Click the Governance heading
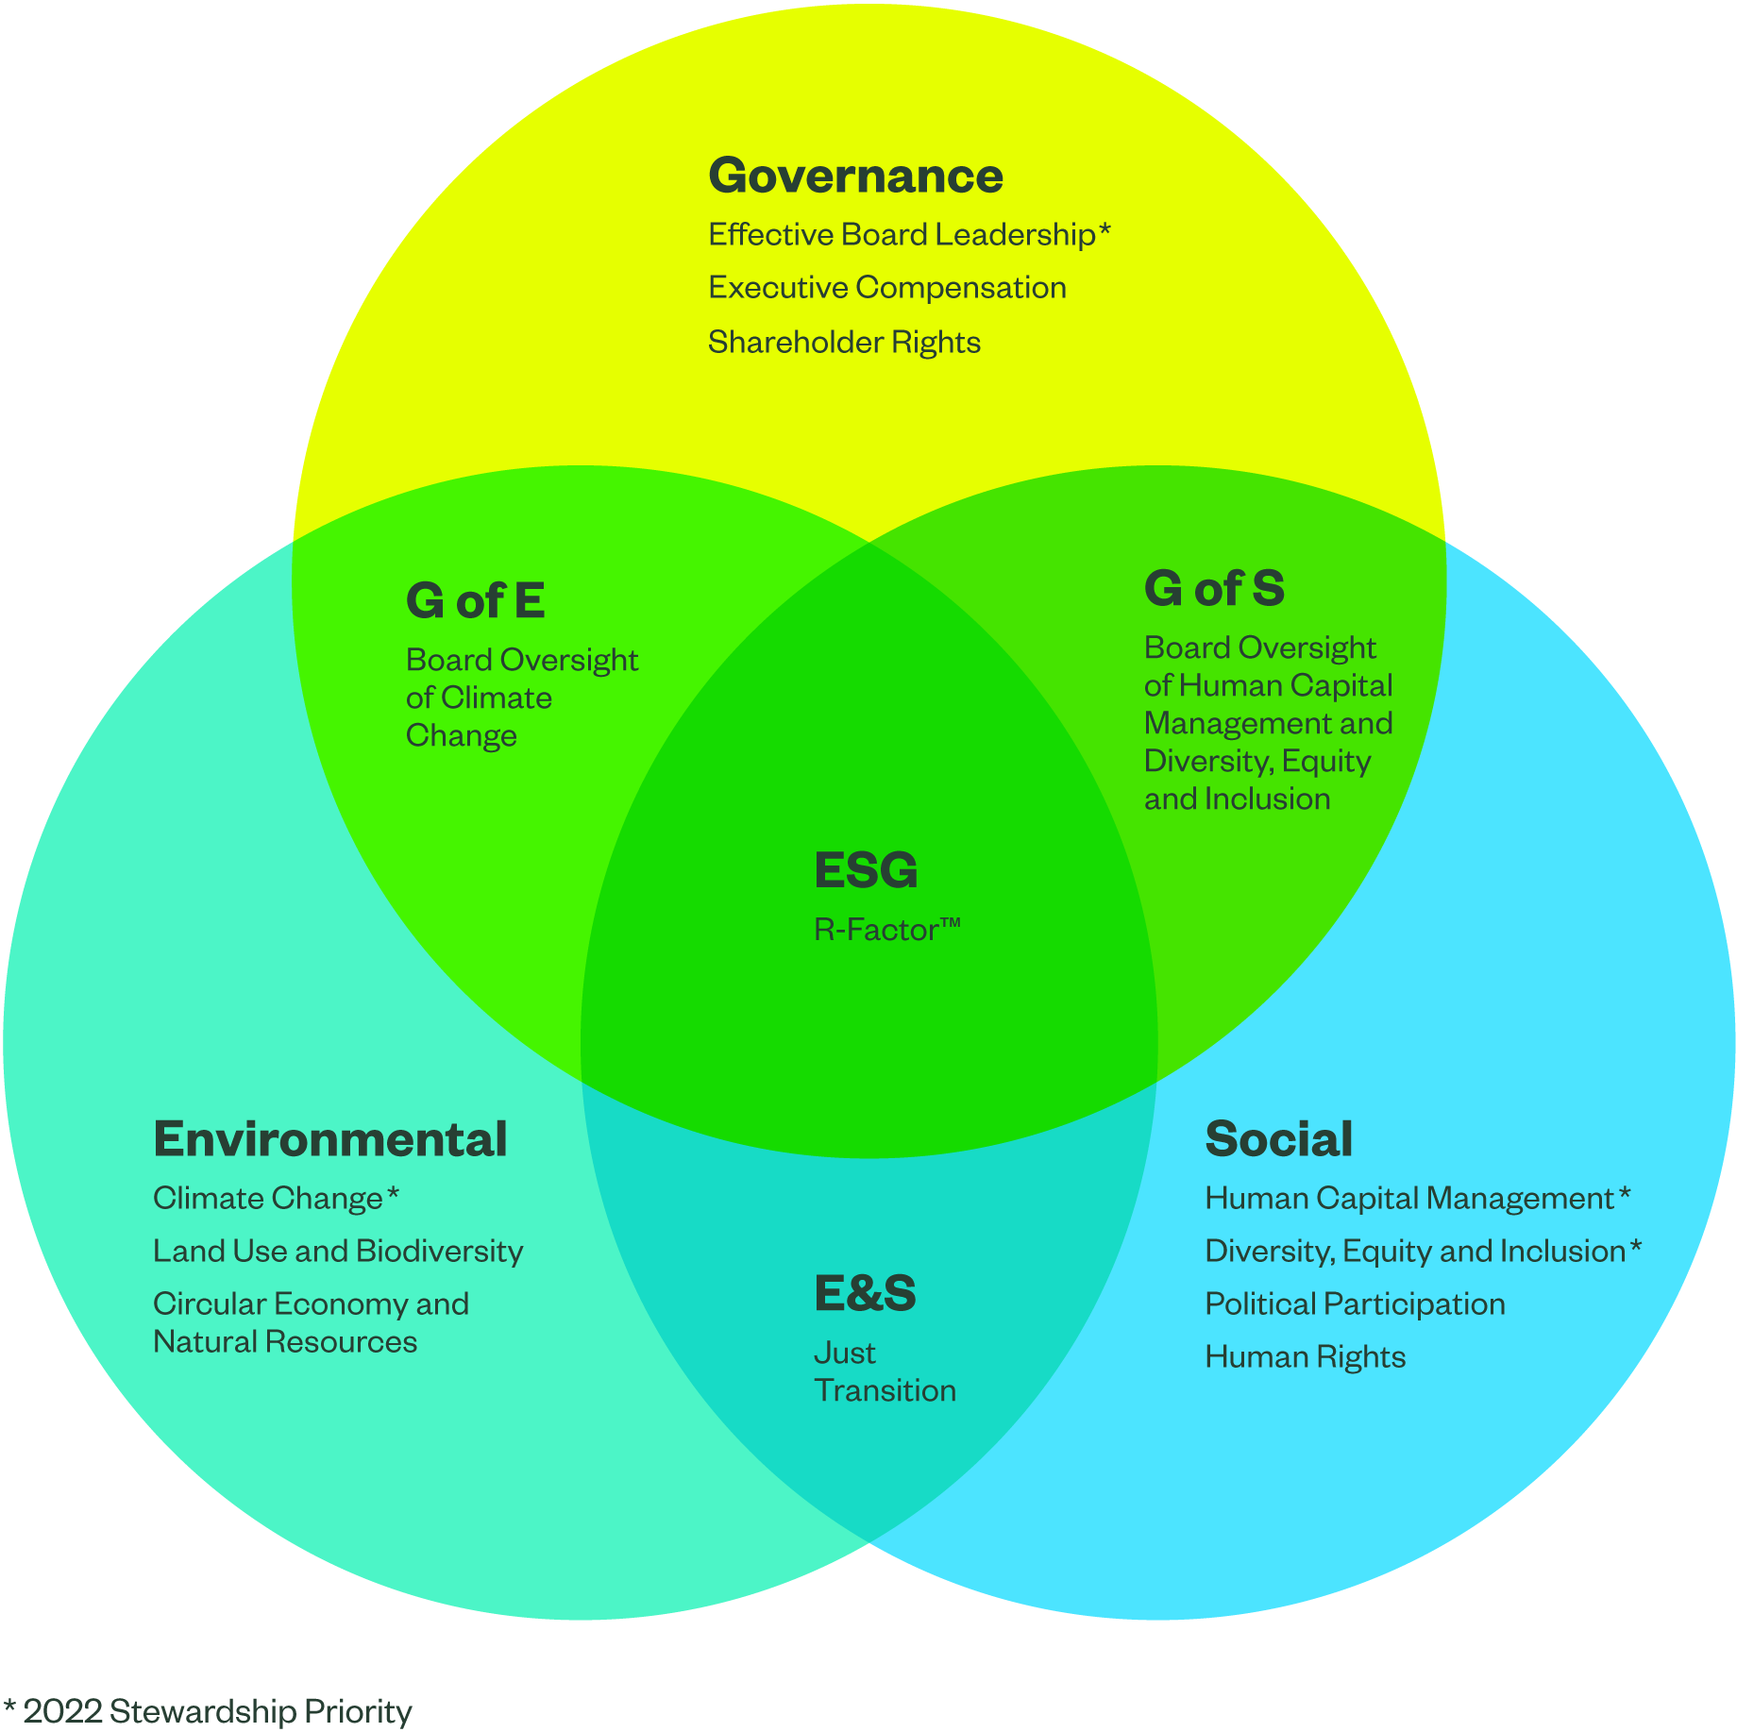pos(855,177)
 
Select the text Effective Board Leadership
pos(902,235)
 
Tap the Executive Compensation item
pos(886,288)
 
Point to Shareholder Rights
pos(844,342)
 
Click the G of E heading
pos(475,600)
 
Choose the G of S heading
pos(1214,588)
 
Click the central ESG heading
pos(866,870)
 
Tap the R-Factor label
pos(886,930)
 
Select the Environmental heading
pos(330,1139)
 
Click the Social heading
pos(1278,1139)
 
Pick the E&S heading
pos(865,1293)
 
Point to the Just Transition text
pos(885,1371)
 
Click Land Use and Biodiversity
pos(338,1252)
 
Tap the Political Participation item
pos(1355,1304)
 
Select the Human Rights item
pos(1305,1357)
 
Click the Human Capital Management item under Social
pos(1408,1199)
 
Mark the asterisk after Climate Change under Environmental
pos(393,1194)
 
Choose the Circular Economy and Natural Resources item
pos(311,1322)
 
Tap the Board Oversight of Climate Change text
pos(521,698)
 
